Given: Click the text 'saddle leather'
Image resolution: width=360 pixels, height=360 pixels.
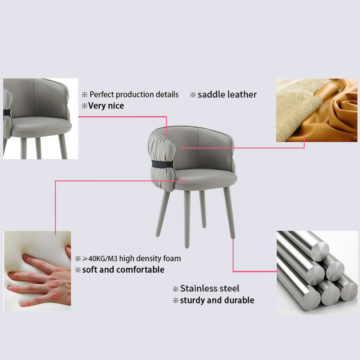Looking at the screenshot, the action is pos(227,94).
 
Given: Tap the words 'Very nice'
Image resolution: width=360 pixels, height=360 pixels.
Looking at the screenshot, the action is pos(106,105).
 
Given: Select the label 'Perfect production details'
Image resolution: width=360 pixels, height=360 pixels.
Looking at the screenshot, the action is pos(134,94).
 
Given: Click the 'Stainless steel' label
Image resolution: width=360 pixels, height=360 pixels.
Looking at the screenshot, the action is pos(209,288).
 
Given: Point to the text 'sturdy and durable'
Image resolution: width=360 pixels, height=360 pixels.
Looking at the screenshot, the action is pos(217,300).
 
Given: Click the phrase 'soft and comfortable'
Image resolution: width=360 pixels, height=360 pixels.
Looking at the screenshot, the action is pos(123,269).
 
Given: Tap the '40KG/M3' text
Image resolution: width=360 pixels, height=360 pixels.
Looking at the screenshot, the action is pos(103,258).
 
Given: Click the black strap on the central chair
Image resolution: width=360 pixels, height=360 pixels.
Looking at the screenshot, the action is pos(162,164).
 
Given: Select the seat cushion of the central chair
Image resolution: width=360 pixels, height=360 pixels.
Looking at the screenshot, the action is pos(205,179).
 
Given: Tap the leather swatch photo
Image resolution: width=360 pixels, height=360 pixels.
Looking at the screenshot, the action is pos(316,110).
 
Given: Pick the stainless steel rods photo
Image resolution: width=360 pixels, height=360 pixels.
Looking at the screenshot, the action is pos(317,272).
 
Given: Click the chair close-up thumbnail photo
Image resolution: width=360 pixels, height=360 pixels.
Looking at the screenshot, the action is pos(40,118).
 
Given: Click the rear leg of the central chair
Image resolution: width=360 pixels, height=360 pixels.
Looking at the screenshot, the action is pos(202,209).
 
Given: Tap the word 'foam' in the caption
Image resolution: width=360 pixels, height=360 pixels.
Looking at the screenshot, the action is pos(172,258).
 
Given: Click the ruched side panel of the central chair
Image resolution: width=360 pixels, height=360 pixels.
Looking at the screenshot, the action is pos(162,160).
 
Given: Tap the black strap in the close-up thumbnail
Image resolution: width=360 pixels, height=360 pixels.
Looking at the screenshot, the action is pos(6,112).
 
